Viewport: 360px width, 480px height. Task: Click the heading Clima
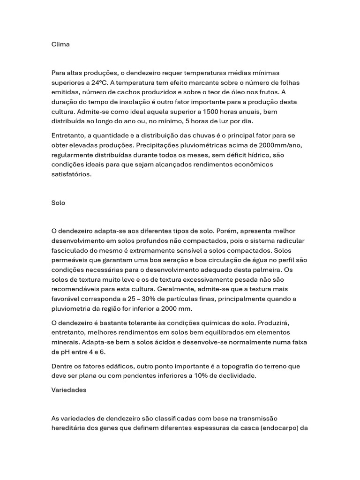click(x=60, y=45)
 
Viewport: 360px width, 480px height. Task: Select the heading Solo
click(x=58, y=203)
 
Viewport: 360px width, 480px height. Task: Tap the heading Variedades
click(x=69, y=390)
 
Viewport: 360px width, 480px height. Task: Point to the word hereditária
click(x=70, y=428)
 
